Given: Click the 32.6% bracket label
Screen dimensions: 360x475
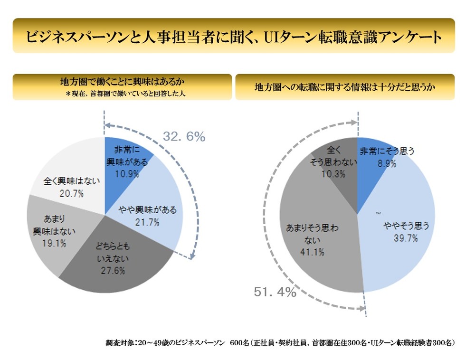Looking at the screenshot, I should [184, 137].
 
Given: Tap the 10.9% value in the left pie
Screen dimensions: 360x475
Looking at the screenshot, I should [127, 173].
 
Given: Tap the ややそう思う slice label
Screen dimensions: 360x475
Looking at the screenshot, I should [407, 227].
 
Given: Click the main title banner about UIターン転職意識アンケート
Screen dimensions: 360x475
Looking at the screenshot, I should [234, 36].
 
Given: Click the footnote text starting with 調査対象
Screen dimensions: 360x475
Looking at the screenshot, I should [280, 342].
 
